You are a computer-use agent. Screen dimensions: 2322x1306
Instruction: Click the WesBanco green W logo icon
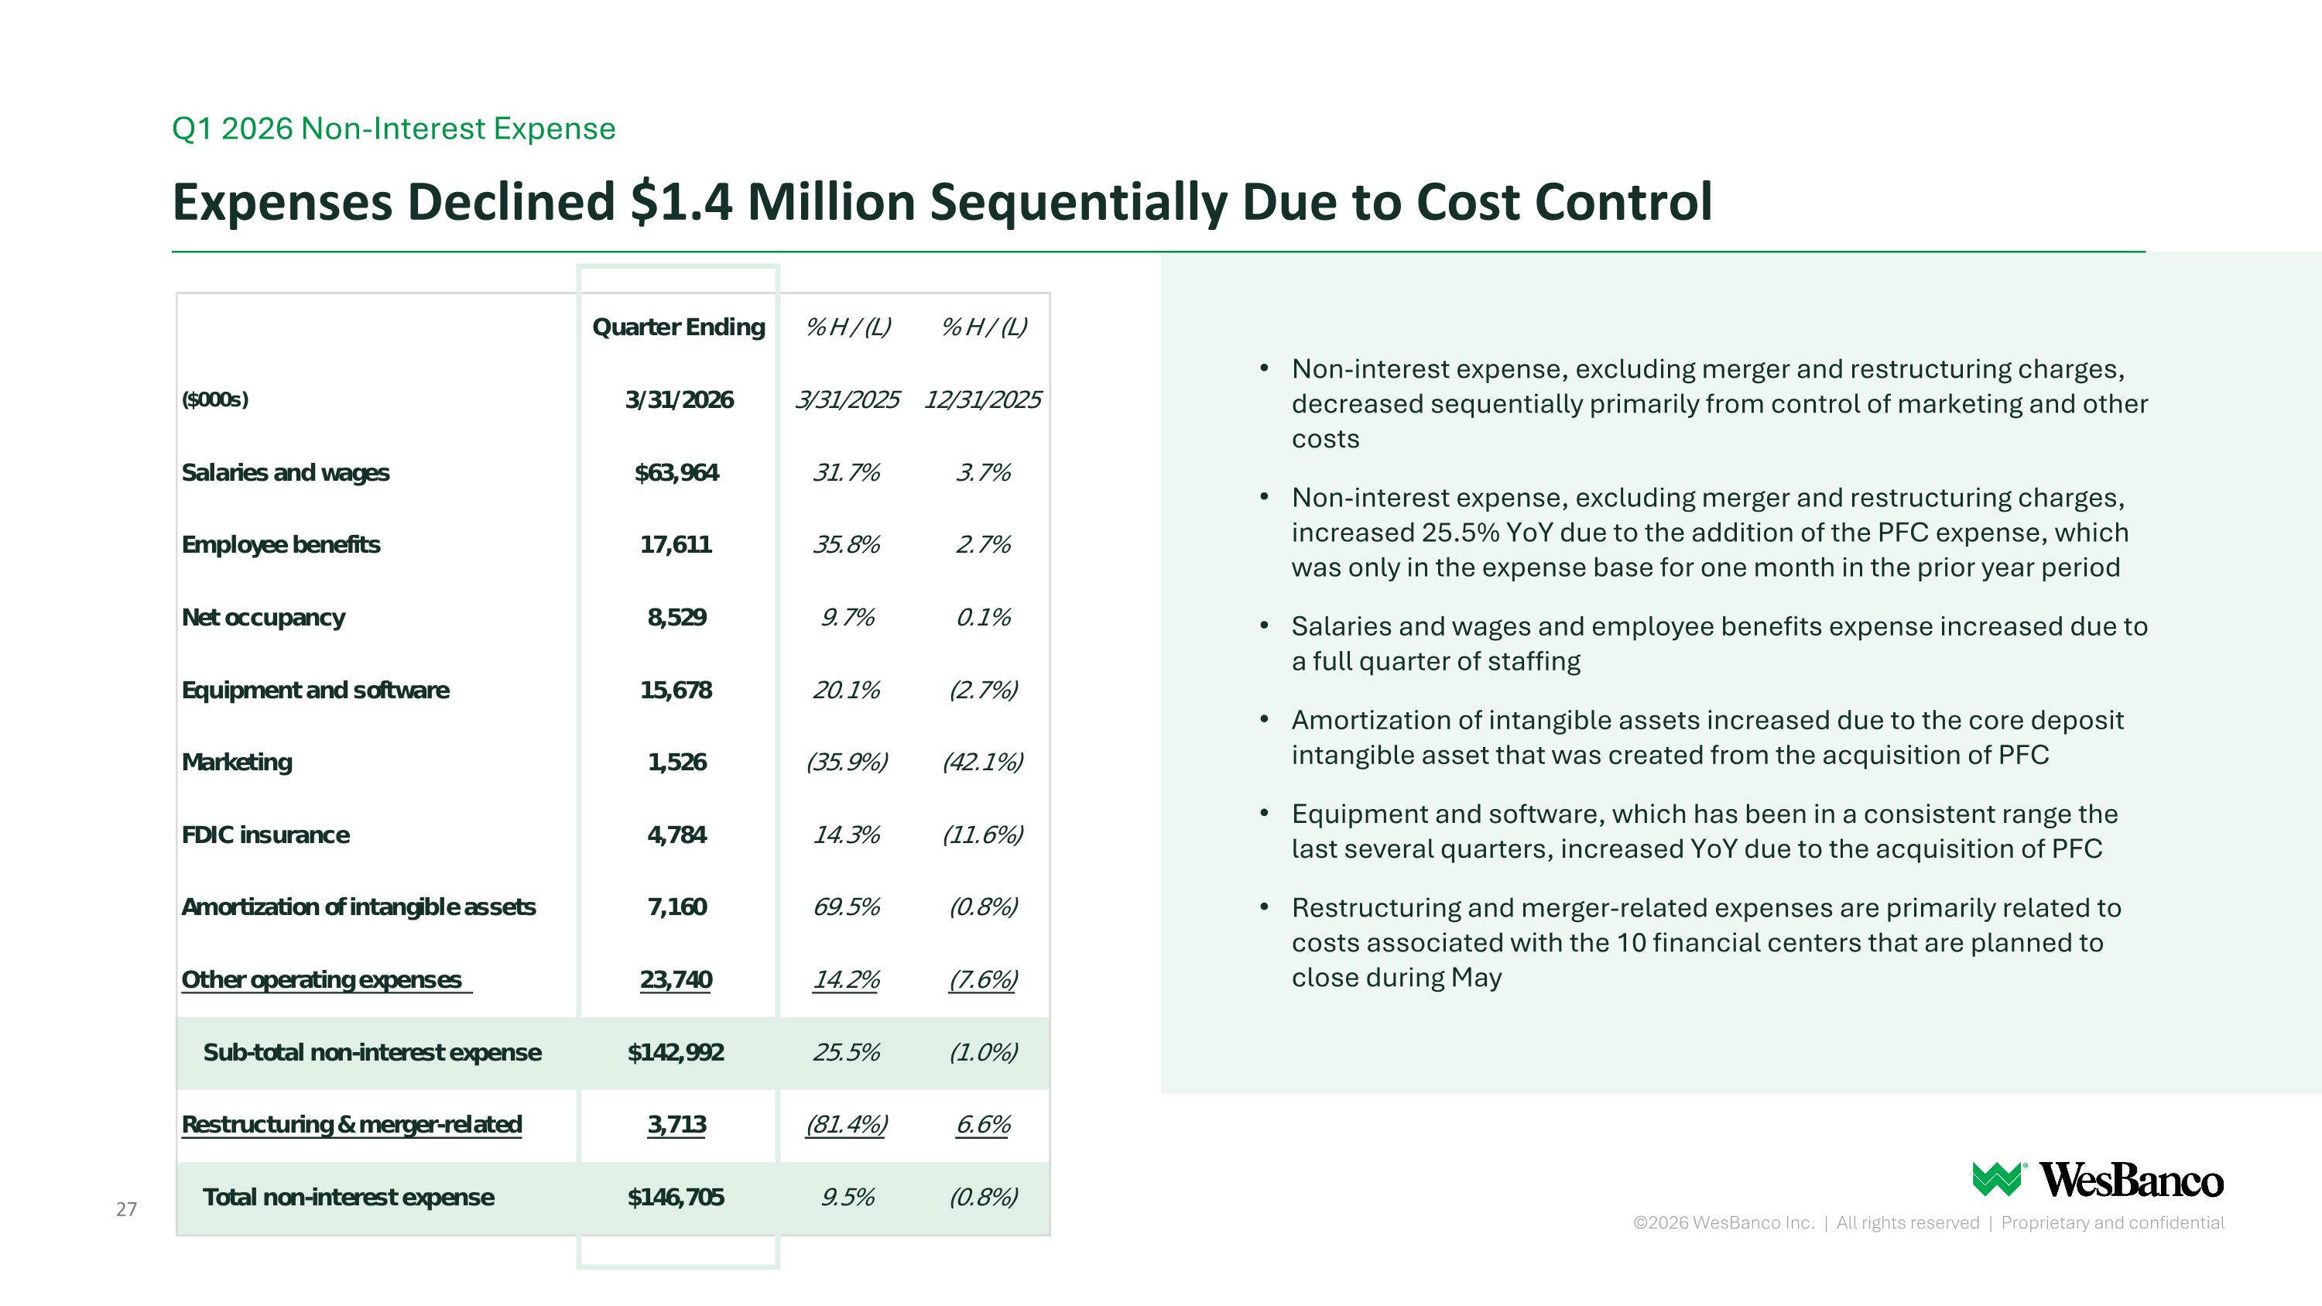[1998, 1179]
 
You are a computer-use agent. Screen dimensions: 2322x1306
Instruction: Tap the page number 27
[126, 1208]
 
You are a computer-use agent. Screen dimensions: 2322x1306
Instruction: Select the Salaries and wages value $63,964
[677, 472]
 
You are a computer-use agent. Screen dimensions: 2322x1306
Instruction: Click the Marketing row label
[237, 763]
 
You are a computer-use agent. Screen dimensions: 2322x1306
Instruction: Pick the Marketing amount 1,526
[677, 763]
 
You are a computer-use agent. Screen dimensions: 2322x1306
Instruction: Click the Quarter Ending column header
[679, 326]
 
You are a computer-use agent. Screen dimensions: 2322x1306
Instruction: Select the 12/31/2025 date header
[982, 399]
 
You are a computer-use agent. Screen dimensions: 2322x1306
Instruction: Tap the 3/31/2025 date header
[848, 399]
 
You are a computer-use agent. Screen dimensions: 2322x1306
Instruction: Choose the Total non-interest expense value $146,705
[676, 1197]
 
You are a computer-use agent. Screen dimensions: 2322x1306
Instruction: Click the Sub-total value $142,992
[676, 1052]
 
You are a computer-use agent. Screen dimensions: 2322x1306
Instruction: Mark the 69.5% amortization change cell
[847, 907]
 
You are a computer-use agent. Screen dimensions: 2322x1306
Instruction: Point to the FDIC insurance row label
[266, 835]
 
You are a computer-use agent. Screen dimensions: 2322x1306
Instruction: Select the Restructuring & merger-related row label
[351, 1125]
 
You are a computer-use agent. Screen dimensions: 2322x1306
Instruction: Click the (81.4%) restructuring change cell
[847, 1125]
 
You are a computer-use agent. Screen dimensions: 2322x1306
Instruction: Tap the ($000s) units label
[215, 399]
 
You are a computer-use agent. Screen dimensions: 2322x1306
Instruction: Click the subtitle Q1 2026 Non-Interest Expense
[394, 129]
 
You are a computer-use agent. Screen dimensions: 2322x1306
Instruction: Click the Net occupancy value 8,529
[677, 618]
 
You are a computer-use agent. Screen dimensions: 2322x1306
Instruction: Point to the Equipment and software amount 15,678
[676, 691]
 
